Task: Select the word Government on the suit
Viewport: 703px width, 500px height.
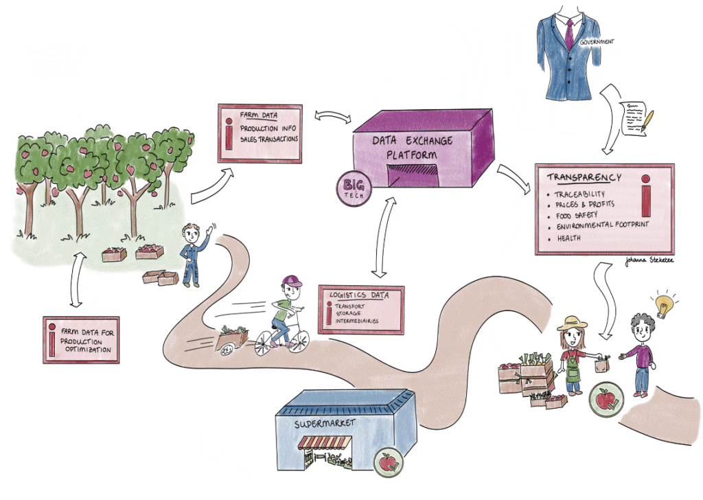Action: coord(596,42)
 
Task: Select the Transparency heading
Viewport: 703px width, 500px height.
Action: coord(584,177)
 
